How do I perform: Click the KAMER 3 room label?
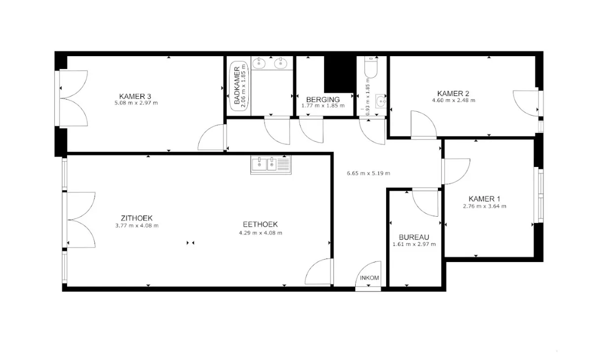coord(135,97)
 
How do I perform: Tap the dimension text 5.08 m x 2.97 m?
coord(136,103)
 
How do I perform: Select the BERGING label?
coord(323,99)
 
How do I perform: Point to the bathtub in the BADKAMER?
coord(239,86)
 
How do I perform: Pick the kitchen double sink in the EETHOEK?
coord(270,165)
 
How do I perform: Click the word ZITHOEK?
coord(136,218)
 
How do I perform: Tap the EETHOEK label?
coord(260,224)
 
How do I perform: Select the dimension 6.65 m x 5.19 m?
coord(368,173)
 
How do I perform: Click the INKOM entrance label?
coord(369,278)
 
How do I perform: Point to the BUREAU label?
coord(414,237)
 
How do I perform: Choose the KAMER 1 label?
coord(484,199)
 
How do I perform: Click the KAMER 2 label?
coord(453,94)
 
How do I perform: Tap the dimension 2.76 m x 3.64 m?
coord(485,206)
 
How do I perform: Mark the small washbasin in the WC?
coord(381,101)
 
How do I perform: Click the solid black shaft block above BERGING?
coord(340,74)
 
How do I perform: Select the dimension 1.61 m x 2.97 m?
coord(414,244)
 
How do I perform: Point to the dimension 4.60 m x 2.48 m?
coord(453,100)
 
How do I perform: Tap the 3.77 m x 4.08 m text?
coord(137,226)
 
